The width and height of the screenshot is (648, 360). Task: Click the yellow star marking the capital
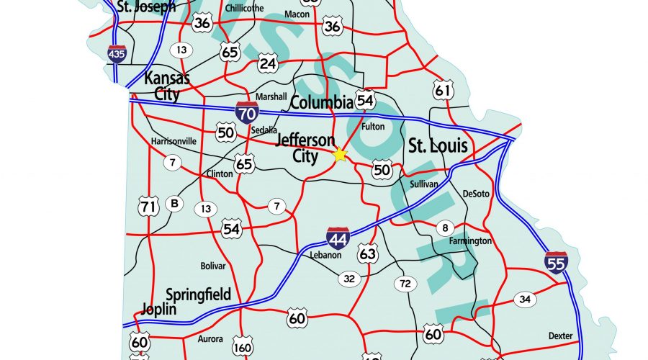(340, 154)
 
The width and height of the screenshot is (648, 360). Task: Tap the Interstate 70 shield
(247, 113)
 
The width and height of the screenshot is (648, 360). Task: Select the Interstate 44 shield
(338, 238)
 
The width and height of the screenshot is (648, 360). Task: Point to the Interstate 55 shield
(555, 264)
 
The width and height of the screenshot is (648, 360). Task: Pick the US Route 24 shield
(268, 64)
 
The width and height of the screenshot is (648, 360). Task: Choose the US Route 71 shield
(148, 207)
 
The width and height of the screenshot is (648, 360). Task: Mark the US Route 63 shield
(367, 253)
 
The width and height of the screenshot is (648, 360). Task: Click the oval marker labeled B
(174, 204)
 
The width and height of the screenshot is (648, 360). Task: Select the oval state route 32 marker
(349, 279)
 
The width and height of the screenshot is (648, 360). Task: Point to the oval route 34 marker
(525, 299)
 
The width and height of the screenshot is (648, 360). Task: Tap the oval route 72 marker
(405, 284)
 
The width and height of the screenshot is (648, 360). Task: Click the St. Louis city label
(438, 147)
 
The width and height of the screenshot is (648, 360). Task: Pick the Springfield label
(198, 294)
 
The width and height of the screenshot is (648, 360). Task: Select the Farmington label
(470, 240)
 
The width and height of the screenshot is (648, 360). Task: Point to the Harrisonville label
(174, 141)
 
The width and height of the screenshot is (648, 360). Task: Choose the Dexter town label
(560, 336)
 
